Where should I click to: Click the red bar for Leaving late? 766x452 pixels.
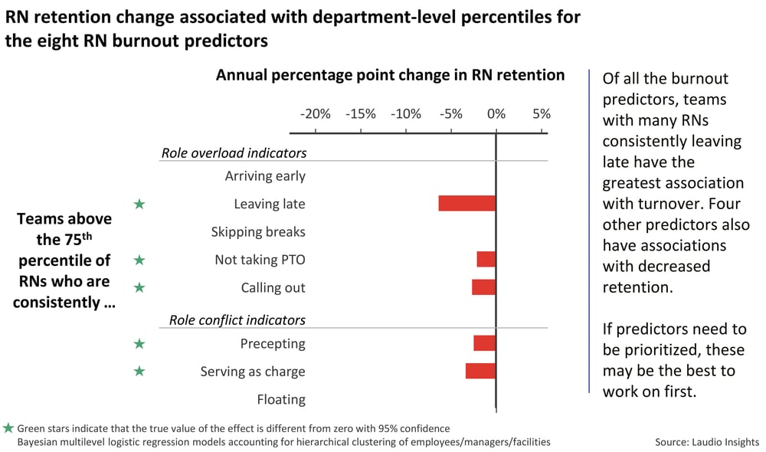pyautogui.click(x=466, y=203)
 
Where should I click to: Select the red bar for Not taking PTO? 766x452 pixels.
pyautogui.click(x=486, y=259)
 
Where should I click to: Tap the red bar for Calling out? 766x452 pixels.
pyautogui.click(x=483, y=287)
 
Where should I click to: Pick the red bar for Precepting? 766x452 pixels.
pyautogui.click(x=484, y=343)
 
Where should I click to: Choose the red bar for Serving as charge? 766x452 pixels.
pyautogui.click(x=480, y=371)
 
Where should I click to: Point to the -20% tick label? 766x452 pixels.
pyautogui.click(x=315, y=114)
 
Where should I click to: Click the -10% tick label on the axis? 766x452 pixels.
pyautogui.click(x=405, y=114)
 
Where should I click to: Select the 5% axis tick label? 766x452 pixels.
pyautogui.click(x=541, y=114)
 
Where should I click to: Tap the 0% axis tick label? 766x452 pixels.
pyautogui.click(x=496, y=114)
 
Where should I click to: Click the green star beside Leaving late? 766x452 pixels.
pyautogui.click(x=139, y=204)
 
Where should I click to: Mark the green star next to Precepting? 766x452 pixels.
pyautogui.click(x=139, y=344)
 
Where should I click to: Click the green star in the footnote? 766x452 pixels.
pyautogui.click(x=8, y=428)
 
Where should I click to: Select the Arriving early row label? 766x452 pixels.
pyautogui.click(x=265, y=176)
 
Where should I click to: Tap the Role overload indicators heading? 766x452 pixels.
pyautogui.click(x=234, y=152)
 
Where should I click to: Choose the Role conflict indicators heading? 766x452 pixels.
pyautogui.click(x=237, y=319)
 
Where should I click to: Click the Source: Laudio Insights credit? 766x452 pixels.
pyautogui.click(x=706, y=442)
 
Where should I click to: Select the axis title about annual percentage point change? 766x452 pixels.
pyautogui.click(x=390, y=75)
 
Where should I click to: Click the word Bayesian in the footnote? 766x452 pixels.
pyautogui.click(x=38, y=442)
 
